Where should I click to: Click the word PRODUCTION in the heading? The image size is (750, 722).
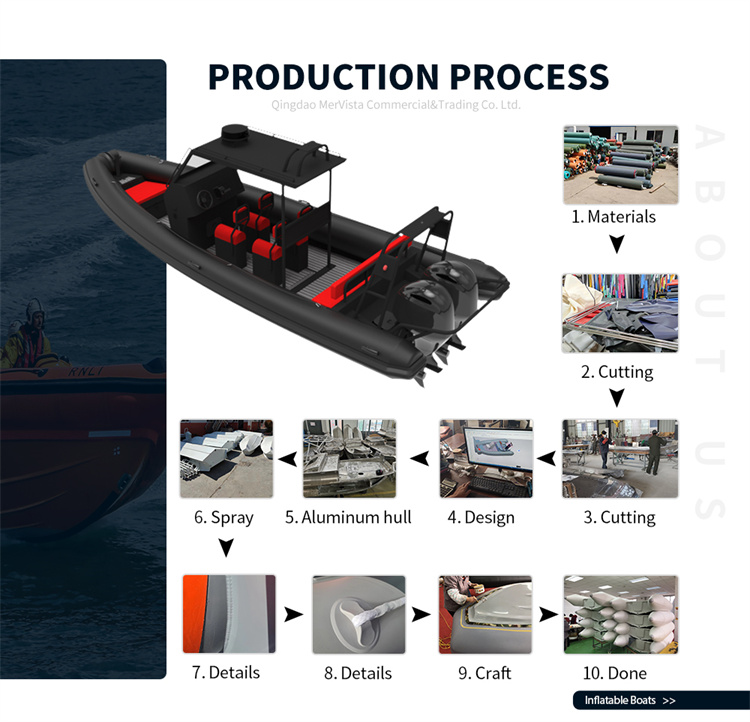pos(322,77)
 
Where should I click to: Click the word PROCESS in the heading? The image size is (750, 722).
pos(527,77)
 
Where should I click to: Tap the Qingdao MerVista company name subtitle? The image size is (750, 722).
pos(396,104)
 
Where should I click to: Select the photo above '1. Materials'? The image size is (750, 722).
pos(620,164)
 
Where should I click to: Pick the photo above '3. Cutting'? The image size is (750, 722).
pos(620,459)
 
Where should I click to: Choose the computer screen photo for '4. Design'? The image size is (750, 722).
pos(486,459)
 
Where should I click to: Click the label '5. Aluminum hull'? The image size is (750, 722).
pos(348,517)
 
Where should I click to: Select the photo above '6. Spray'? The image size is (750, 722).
pos(224,459)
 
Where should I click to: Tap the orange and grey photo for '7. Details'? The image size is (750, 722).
pos(228,614)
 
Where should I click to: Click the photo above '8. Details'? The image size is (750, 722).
pos(358,614)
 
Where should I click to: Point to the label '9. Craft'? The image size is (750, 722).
pos(485,673)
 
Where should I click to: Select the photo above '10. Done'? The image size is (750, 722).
pos(620,614)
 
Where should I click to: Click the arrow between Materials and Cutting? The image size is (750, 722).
pos(617,244)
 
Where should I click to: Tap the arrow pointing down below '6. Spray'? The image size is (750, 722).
pos(226,548)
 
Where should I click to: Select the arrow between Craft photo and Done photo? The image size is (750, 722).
pos(548,614)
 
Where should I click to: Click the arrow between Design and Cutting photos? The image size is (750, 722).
pos(547,459)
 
